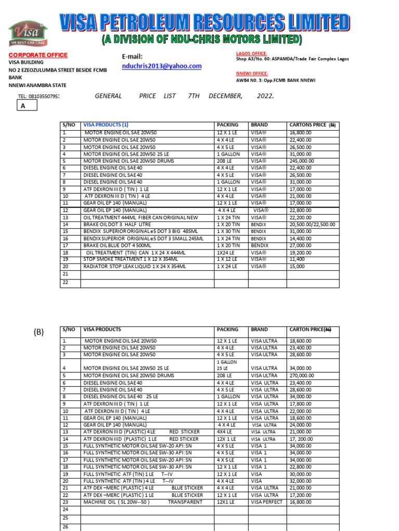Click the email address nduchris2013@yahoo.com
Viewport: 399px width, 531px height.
click(x=162, y=66)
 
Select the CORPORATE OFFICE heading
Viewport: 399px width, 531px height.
click(x=37, y=55)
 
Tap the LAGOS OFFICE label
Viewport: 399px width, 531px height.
click(x=252, y=53)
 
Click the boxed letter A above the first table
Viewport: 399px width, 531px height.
click(x=23, y=106)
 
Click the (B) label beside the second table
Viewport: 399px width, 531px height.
click(x=39, y=332)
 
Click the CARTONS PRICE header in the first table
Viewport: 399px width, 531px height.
click(x=312, y=125)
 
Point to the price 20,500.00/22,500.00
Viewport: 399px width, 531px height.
click(x=312, y=224)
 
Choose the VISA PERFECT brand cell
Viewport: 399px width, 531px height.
click(x=267, y=502)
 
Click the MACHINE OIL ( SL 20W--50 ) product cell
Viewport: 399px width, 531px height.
click(x=117, y=502)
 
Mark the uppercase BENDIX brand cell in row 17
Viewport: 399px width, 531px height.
click(x=260, y=245)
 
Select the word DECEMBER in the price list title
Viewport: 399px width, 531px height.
click(x=225, y=96)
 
